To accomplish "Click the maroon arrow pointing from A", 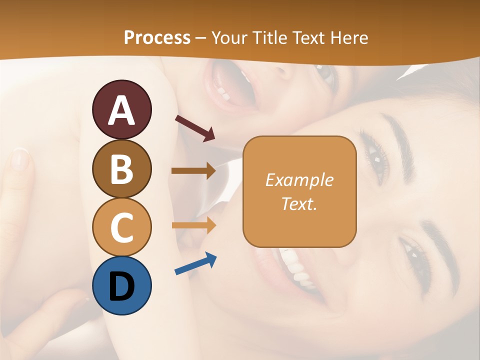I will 195,128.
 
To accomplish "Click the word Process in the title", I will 157,38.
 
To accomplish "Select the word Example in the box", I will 299,180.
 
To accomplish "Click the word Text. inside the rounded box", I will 299,203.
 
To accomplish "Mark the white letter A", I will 121,110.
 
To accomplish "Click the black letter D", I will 121,287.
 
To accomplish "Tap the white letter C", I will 121,228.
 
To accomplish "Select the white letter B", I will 121,169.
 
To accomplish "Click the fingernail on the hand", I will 20,159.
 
